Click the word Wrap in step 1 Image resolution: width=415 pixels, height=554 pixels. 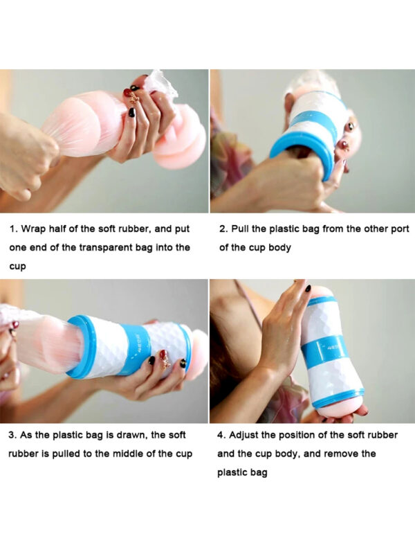33,229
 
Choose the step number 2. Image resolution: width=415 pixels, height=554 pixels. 223,229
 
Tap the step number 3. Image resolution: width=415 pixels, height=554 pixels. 12,435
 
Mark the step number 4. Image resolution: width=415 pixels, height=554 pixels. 221,435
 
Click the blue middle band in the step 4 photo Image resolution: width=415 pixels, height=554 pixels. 324,348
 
